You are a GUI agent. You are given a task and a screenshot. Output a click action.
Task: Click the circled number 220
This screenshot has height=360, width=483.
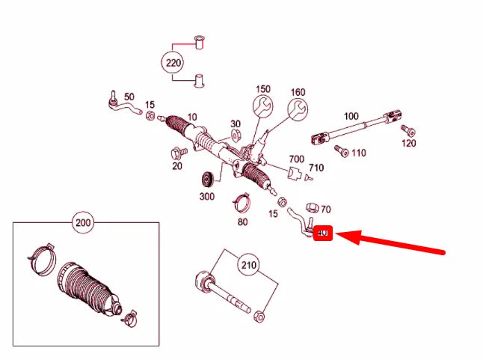pyautogui.click(x=173, y=63)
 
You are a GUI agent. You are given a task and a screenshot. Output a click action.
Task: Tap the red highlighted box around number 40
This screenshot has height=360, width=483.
pyautogui.click(x=323, y=234)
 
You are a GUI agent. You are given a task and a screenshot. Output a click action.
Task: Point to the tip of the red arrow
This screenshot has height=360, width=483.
pyautogui.click(x=339, y=235)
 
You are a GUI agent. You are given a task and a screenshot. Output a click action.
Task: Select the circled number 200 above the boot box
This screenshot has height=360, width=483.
pyautogui.click(x=84, y=222)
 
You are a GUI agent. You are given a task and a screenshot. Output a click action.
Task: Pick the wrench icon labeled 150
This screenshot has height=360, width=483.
pyautogui.click(x=262, y=106)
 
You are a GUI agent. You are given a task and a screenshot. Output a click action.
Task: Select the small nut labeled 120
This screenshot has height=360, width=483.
pyautogui.click(x=407, y=131)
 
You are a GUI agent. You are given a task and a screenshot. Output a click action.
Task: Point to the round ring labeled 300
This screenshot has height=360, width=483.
pyautogui.click(x=208, y=180)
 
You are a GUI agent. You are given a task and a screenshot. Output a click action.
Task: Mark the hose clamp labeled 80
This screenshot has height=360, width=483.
pyautogui.click(x=242, y=202)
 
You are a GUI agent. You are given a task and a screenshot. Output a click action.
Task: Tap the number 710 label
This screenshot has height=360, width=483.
pyautogui.click(x=316, y=168)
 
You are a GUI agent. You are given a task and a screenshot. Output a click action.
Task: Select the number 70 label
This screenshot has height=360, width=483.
pyautogui.click(x=325, y=210)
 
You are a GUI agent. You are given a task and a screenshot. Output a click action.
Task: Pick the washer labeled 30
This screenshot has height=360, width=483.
pyautogui.click(x=235, y=136)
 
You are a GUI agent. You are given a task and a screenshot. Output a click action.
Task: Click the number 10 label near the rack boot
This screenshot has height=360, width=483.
pyautogui.click(x=192, y=118)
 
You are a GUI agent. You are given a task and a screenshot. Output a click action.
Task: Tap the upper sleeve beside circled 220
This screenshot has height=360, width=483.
pyautogui.click(x=198, y=42)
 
